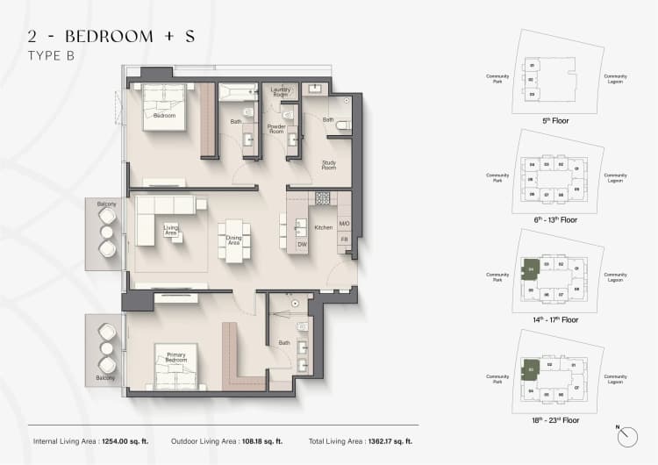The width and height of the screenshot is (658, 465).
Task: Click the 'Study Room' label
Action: tap(328, 165)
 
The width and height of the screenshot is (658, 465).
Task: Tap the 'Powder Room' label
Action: tap(276, 129)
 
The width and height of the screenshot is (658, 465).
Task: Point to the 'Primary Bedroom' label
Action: tap(176, 356)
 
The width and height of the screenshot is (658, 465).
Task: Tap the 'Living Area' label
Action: tap(171, 230)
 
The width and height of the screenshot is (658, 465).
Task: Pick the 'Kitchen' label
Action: tap(324, 227)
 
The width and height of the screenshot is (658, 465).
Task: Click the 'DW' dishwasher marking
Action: tap(301, 244)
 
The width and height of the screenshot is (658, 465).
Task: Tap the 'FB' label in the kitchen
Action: tap(344, 239)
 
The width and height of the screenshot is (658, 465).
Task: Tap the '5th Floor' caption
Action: tap(554, 118)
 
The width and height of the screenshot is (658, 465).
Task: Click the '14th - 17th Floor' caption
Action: tap(554, 319)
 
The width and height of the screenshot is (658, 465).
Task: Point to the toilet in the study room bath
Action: tap(344, 128)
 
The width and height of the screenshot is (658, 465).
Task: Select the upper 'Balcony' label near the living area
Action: tap(107, 204)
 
